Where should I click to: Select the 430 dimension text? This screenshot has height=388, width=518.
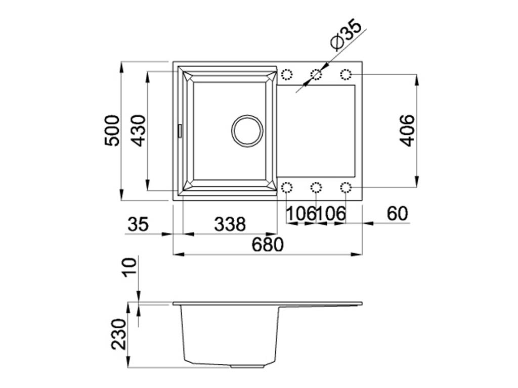click(138, 131)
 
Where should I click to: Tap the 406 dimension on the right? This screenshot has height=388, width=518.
click(407, 131)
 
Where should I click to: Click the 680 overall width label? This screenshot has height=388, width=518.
click(268, 245)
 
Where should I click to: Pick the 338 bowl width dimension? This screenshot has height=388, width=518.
click(230, 224)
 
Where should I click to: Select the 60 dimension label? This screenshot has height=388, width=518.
click(398, 214)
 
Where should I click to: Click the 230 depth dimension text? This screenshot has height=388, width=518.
click(119, 334)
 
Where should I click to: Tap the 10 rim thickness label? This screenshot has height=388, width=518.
click(129, 267)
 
